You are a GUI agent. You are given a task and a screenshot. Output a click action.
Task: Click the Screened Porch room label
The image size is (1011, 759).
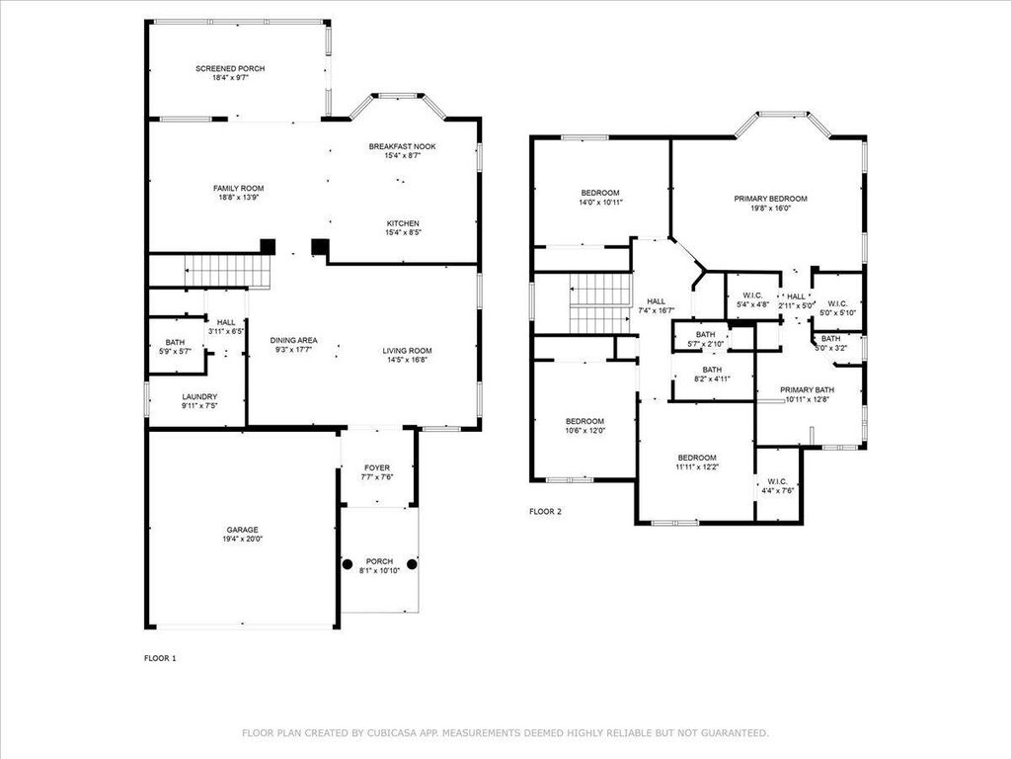pos(230,68)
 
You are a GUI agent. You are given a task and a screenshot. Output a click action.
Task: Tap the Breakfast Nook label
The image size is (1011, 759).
pos(402,146)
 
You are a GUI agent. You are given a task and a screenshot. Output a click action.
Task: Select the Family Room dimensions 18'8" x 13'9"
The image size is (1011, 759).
pos(238,197)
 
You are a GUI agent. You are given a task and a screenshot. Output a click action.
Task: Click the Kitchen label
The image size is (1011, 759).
pos(402,223)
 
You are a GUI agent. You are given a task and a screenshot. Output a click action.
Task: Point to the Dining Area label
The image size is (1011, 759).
pos(294,340)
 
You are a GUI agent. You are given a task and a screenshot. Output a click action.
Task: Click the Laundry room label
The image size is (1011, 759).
pos(198,396)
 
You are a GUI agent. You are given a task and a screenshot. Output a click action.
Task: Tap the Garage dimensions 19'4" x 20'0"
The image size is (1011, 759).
pos(242,539)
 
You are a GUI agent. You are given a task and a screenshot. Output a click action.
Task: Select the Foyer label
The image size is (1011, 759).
pos(377,467)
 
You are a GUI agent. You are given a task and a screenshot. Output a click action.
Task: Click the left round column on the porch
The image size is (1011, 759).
pos(348,564)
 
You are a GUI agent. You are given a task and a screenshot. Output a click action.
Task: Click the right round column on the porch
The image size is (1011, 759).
pos(412,564)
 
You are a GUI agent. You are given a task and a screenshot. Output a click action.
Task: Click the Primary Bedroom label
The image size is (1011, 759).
pos(770,199)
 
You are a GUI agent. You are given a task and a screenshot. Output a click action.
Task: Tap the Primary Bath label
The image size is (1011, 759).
pos(807,389)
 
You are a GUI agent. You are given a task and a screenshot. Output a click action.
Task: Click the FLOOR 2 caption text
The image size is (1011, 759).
pos(545,512)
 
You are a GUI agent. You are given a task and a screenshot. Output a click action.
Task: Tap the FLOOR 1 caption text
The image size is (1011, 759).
pos(160,657)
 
